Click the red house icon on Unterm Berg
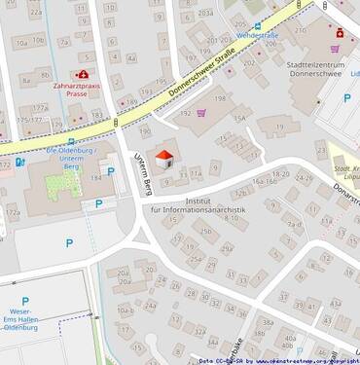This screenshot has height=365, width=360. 165,158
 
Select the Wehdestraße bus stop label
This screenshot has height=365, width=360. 258,35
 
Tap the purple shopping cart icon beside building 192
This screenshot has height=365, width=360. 201,113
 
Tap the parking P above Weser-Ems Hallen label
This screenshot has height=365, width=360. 25,302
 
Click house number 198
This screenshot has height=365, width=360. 220,99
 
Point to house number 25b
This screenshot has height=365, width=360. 205,231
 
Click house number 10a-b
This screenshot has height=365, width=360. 125,310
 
